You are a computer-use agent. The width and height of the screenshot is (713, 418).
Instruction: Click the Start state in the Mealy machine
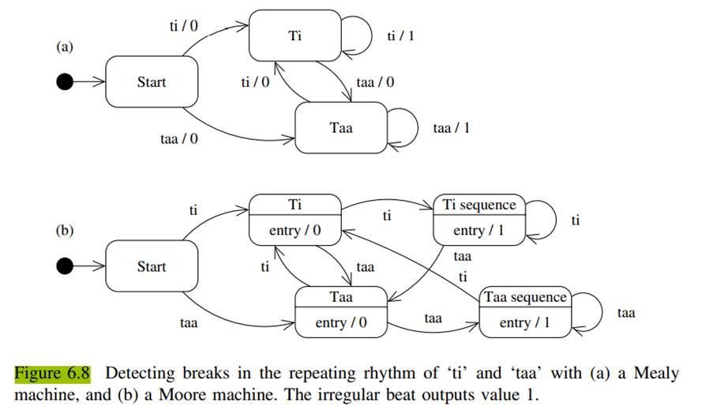(x=151, y=81)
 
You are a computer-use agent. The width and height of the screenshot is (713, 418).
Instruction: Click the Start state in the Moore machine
(x=151, y=266)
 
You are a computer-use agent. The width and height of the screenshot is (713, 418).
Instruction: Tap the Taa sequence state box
(x=525, y=311)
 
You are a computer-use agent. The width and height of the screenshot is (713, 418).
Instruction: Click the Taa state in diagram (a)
(x=341, y=127)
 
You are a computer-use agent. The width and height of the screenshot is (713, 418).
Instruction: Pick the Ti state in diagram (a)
(x=295, y=36)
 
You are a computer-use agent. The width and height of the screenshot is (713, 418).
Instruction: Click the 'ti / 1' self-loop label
(x=400, y=36)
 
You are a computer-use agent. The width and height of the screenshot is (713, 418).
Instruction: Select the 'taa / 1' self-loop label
(x=452, y=127)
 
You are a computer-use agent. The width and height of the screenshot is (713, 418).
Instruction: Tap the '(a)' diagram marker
(x=64, y=47)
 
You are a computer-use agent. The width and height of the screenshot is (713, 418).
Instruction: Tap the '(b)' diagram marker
(x=64, y=232)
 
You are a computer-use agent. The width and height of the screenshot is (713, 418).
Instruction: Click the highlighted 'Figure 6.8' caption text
(x=52, y=373)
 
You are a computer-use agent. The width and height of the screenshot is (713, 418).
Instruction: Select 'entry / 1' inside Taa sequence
(x=525, y=323)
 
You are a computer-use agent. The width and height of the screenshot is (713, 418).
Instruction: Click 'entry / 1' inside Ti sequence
(x=479, y=231)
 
